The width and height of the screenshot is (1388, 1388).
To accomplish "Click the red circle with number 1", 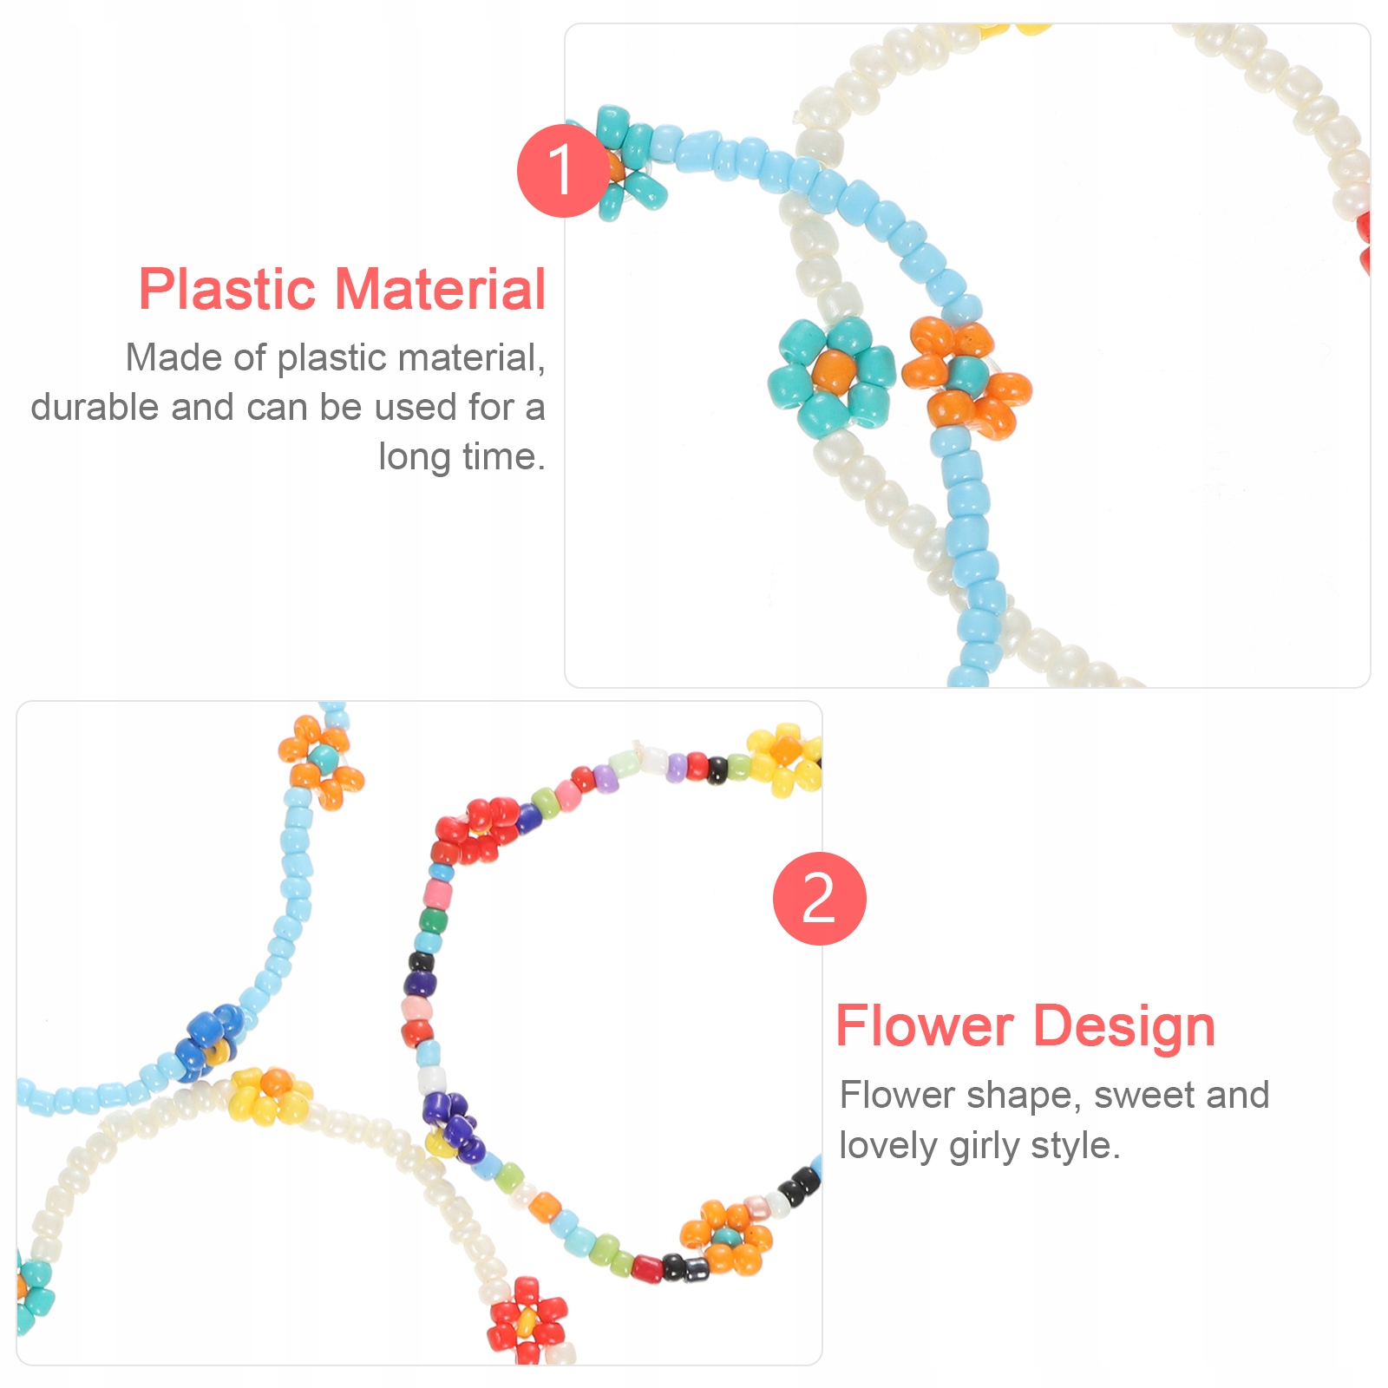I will pos(562,170).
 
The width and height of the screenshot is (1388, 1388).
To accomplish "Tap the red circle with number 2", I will pos(819,899).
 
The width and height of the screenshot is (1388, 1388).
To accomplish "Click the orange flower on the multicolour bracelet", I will pos(726,1237).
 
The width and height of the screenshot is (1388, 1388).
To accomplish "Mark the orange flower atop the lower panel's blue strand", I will pos(321,761).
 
